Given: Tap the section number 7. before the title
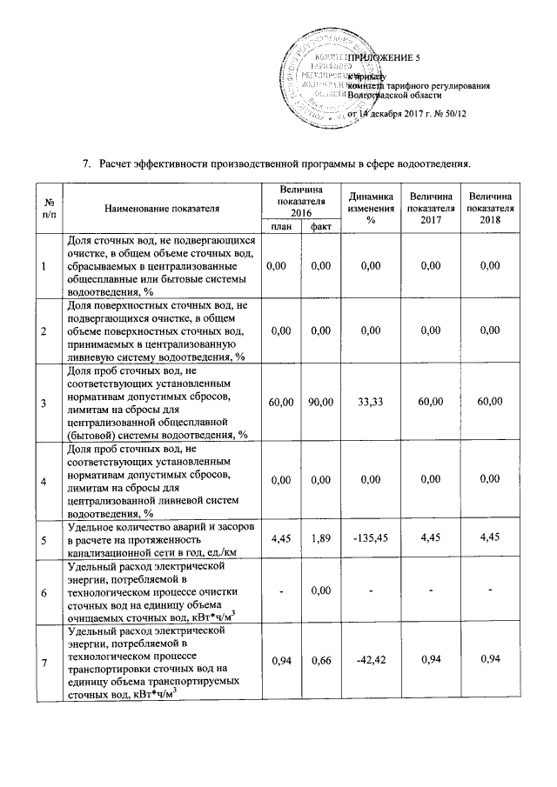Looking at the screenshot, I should tap(86, 163).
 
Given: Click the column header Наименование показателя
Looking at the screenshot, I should tap(162, 209).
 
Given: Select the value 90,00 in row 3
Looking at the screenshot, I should tap(320, 402).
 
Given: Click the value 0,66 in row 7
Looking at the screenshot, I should tap(320, 661).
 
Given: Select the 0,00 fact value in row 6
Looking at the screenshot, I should tap(320, 591).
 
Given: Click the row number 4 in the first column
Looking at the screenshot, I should tap(44, 479).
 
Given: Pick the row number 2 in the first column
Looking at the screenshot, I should tap(44, 331).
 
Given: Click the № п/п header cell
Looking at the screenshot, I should tap(44, 209).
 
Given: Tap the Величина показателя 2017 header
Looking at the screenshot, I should tap(430, 209).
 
